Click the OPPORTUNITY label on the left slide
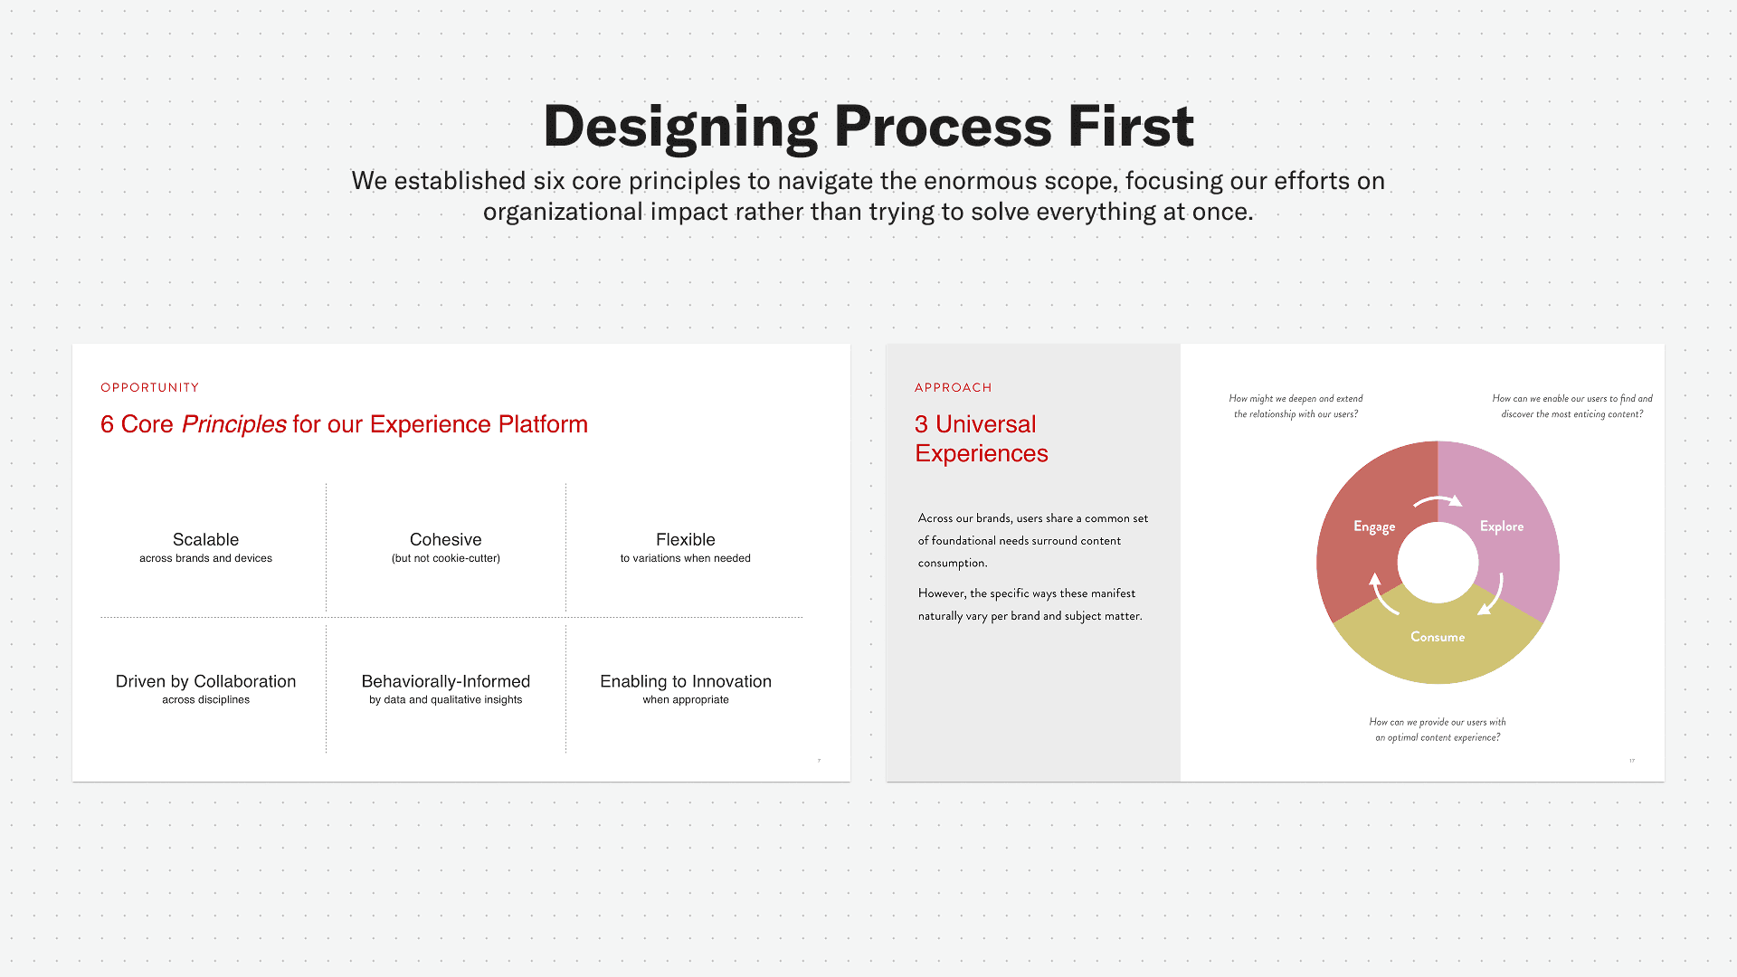click(x=150, y=387)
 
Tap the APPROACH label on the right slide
click(x=953, y=387)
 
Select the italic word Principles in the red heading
click(x=233, y=424)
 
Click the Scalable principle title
click(x=205, y=539)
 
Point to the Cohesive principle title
click(x=445, y=539)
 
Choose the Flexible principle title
click(x=685, y=539)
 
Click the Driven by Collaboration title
click(x=205, y=681)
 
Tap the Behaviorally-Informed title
click(x=445, y=681)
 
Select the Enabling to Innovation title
click(x=685, y=681)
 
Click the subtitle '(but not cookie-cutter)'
click(x=445, y=558)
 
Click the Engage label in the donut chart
click(x=1373, y=526)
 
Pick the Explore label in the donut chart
click(x=1501, y=526)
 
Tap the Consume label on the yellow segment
click(x=1437, y=637)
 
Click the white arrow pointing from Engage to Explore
click(x=1438, y=499)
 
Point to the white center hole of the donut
click(x=1438, y=563)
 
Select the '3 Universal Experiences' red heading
click(x=981, y=439)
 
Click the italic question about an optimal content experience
click(x=1437, y=729)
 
